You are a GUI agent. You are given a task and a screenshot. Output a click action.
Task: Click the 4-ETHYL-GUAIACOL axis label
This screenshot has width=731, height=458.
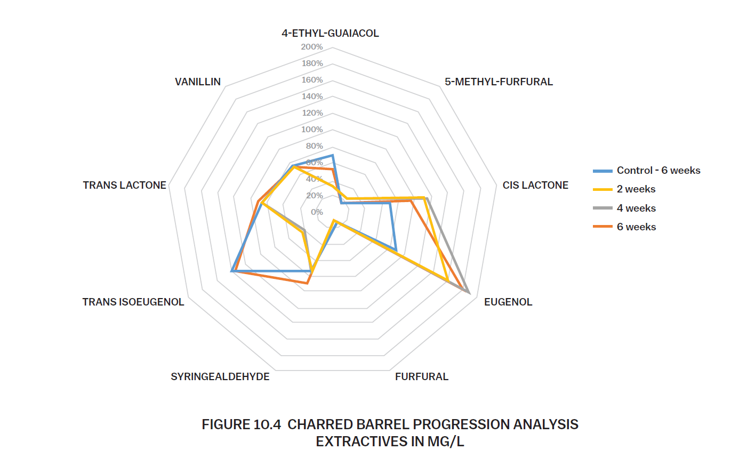[x=330, y=33]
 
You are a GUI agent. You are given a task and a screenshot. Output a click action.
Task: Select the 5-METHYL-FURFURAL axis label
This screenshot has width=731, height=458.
[x=499, y=82]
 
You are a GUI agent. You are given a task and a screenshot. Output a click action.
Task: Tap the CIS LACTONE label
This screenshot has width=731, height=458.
[x=535, y=185]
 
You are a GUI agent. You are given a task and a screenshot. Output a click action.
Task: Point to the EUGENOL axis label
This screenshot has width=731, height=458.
[x=508, y=302]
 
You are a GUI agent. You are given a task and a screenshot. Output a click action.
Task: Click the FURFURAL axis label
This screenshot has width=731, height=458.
[x=422, y=377]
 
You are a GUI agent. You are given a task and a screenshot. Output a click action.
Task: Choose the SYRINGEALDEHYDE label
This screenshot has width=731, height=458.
[x=220, y=377]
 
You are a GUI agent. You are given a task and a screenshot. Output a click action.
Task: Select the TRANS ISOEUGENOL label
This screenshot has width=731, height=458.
[x=133, y=302]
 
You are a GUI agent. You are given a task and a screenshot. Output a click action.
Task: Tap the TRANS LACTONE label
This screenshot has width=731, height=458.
[x=124, y=185]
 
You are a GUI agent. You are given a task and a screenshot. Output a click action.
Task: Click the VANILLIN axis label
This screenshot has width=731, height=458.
[x=198, y=82]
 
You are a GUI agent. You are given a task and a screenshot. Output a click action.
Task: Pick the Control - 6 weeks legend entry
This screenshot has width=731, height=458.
[x=647, y=171]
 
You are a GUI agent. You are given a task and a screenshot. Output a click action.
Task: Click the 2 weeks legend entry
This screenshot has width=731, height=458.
[x=624, y=189]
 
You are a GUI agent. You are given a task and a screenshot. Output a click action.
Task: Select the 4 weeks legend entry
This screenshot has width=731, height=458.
[x=624, y=208]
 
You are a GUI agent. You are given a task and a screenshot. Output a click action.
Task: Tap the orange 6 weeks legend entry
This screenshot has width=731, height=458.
[x=624, y=227]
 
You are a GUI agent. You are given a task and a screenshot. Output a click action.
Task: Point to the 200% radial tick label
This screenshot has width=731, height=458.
[x=312, y=47]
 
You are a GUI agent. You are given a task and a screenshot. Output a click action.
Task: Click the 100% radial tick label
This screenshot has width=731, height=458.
[x=312, y=130]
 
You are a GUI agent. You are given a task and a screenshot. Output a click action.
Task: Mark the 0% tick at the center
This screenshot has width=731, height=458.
[x=317, y=212]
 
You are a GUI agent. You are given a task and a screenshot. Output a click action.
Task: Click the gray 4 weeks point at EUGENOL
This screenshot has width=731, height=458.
[x=469, y=293]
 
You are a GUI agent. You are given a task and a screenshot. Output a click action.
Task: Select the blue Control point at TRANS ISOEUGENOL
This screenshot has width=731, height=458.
[x=231, y=271]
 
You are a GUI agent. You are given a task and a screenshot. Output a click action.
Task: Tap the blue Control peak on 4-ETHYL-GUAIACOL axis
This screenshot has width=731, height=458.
[x=333, y=155]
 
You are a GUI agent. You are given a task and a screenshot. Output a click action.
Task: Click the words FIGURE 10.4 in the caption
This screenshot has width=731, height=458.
[x=241, y=424]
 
